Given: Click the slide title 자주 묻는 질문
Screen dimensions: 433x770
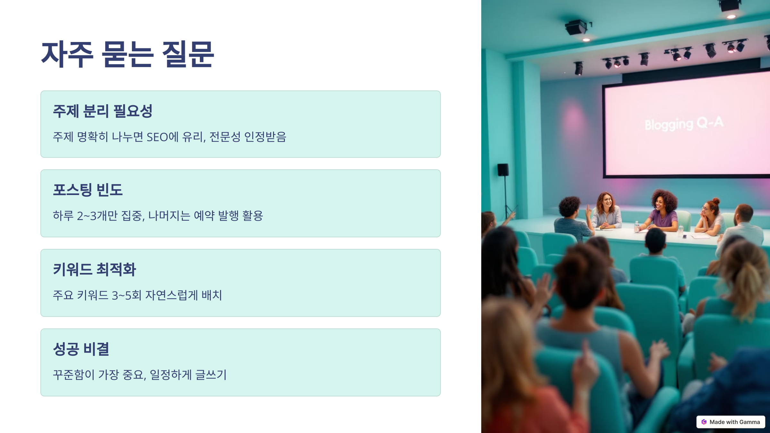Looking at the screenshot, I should [127, 55].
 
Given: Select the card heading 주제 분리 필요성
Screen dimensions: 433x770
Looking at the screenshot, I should [102, 111].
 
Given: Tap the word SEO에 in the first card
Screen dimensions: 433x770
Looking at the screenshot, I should [162, 137].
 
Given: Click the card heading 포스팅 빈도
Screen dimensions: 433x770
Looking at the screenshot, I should [88, 190].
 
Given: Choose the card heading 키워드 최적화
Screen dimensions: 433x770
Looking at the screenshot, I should [94, 269].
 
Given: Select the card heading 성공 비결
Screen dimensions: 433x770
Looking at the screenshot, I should [81, 349].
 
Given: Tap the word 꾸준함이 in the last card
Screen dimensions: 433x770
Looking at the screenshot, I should [73, 375].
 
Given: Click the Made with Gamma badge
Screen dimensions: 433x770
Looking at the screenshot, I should [731, 422].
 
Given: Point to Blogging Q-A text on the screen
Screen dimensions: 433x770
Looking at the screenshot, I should [684, 124].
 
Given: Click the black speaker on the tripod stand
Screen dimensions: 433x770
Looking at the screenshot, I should [503, 170].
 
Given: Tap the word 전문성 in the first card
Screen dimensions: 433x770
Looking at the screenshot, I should [225, 137].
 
